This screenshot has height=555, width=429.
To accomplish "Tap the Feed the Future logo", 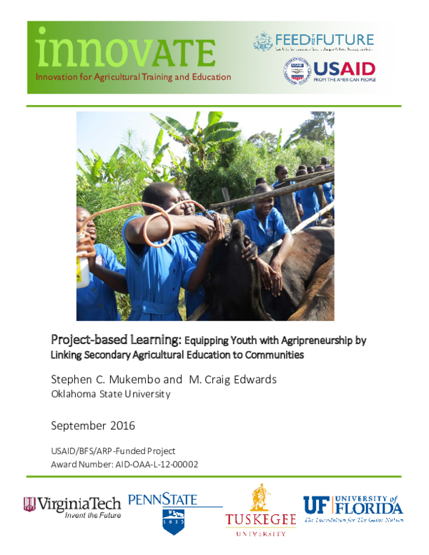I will [x=313, y=41].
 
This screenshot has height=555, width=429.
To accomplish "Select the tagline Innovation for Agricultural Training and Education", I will [x=134, y=77].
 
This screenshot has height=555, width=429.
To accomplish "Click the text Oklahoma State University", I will [x=110, y=394].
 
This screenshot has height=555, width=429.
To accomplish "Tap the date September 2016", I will [x=93, y=426].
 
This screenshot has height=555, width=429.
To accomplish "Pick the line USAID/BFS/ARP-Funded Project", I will [x=113, y=451].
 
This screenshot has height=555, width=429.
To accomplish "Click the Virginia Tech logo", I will [x=72, y=506].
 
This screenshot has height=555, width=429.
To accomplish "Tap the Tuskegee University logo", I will [x=260, y=512].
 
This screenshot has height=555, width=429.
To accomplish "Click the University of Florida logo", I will [x=352, y=509].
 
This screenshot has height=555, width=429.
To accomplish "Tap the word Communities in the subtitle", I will [x=268, y=354].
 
